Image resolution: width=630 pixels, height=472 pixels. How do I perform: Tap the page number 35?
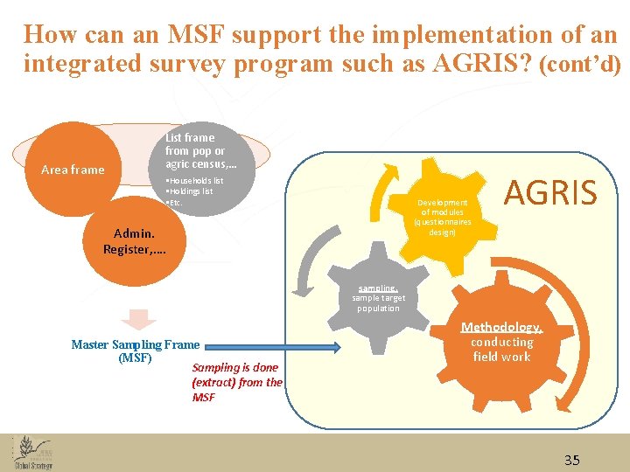coord(571,460)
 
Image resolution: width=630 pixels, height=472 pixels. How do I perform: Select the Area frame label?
coord(73,170)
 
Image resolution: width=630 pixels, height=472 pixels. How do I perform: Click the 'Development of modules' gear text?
coord(443,217)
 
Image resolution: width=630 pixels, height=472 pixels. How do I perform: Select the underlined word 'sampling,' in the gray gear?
coord(378,288)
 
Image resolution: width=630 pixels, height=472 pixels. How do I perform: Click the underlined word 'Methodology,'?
coord(502,328)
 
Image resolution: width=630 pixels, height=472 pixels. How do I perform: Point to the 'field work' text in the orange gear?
coord(502,357)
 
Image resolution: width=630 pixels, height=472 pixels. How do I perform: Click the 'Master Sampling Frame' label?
coord(135,344)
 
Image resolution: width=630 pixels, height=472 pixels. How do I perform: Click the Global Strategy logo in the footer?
coord(33,452)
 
